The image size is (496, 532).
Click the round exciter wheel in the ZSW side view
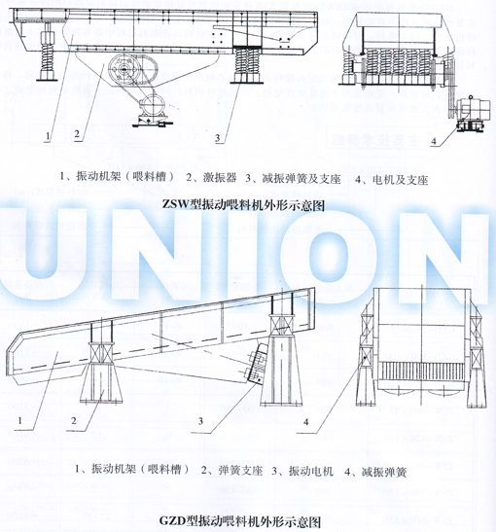pos(124,71)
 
